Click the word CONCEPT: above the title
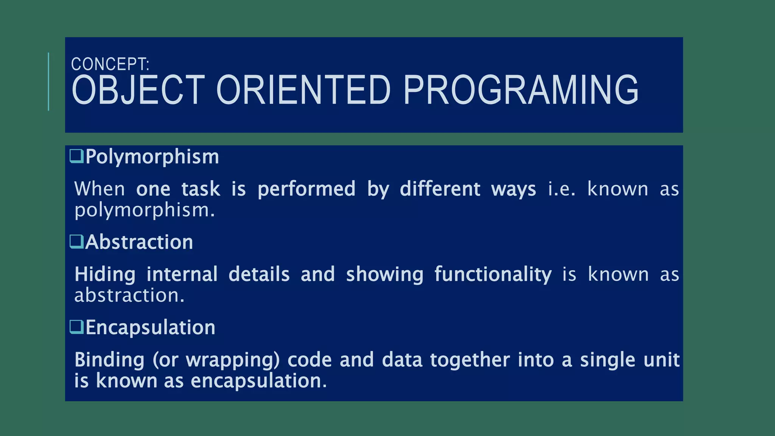click(x=110, y=64)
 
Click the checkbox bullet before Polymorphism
click(x=76, y=156)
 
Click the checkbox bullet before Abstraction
click(x=76, y=241)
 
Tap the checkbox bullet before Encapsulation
click(x=76, y=327)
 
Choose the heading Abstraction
click(x=139, y=242)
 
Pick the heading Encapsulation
click(x=150, y=327)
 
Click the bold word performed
click(x=307, y=189)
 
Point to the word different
click(x=440, y=189)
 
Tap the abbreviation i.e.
click(x=562, y=189)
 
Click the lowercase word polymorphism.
click(x=145, y=210)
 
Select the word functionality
click(x=493, y=274)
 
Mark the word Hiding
click(x=105, y=274)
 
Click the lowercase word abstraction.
click(x=129, y=296)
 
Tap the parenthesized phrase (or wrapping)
click(x=216, y=360)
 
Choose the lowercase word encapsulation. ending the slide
click(x=258, y=381)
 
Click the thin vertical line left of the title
click(x=48, y=82)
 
